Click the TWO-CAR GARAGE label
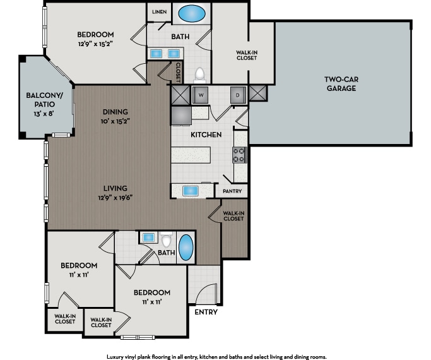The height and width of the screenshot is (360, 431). [x=341, y=84]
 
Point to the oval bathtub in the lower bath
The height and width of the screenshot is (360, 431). [x=186, y=248]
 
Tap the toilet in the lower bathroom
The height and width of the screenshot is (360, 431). [x=167, y=239]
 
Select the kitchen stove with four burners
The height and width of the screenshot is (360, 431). [x=239, y=155]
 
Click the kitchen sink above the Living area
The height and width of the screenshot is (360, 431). [x=191, y=191]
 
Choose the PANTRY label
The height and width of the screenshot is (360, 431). [x=230, y=191]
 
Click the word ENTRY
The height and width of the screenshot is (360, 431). [x=206, y=312]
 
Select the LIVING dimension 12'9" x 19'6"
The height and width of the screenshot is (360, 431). [x=115, y=197]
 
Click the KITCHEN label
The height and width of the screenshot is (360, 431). [x=206, y=135]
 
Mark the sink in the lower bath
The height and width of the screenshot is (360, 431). [x=148, y=237]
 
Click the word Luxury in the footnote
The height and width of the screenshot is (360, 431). [x=117, y=356]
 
